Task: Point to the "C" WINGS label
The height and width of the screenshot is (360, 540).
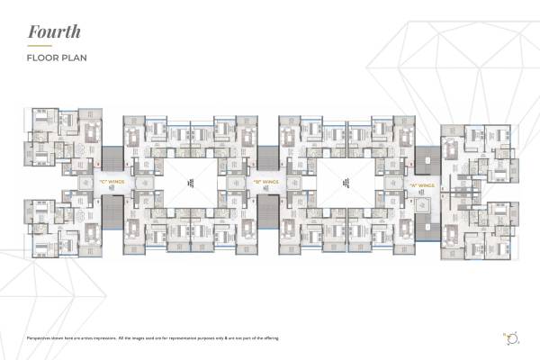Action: (114, 183)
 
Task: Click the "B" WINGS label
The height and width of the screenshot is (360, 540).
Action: (267, 183)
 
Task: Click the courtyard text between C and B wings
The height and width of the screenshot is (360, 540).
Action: (191, 183)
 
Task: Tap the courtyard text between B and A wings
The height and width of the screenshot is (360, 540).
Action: (345, 183)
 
